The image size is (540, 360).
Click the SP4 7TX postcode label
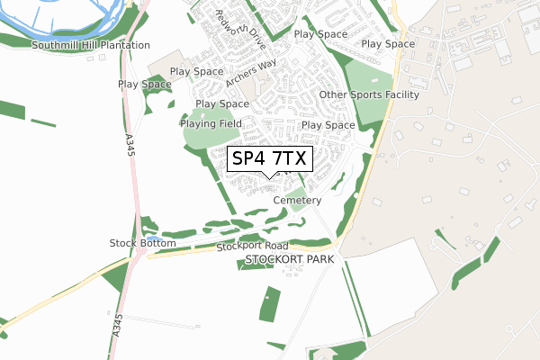(270, 159)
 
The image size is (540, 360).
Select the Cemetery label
(297, 200)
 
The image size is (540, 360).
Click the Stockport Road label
(251, 246)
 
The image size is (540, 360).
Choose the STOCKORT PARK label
(289, 259)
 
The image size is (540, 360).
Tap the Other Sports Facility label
(369, 94)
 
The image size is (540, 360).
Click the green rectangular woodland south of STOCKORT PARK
(269, 304)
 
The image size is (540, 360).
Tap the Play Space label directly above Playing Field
(222, 104)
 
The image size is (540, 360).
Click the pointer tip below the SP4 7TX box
(270, 177)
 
